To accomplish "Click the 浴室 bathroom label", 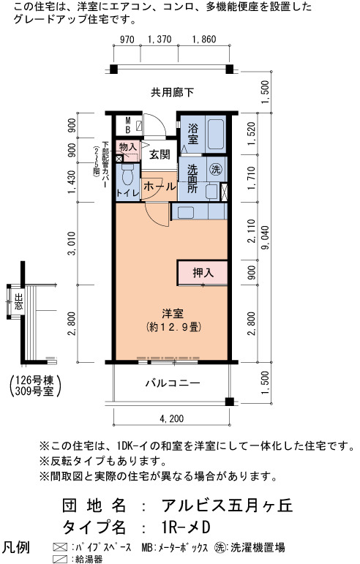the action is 192,134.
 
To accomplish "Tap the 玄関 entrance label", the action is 160,155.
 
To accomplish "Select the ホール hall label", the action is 160,187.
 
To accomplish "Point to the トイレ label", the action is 127,193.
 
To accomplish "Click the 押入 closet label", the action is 203,273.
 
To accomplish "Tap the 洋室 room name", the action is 173,313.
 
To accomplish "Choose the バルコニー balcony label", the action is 173,383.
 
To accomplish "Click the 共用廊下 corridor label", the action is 172,92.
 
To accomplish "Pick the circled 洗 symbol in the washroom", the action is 216,169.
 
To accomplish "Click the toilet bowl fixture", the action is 127,174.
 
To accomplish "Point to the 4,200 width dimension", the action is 171,418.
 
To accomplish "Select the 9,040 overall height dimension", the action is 266,236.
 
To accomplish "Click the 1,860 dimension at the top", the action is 204,40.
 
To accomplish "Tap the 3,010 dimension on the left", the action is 72,244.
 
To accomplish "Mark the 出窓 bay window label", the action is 18,302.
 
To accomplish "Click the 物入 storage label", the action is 128,147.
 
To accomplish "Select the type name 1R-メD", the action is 186,527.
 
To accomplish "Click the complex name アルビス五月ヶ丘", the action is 228,505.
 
